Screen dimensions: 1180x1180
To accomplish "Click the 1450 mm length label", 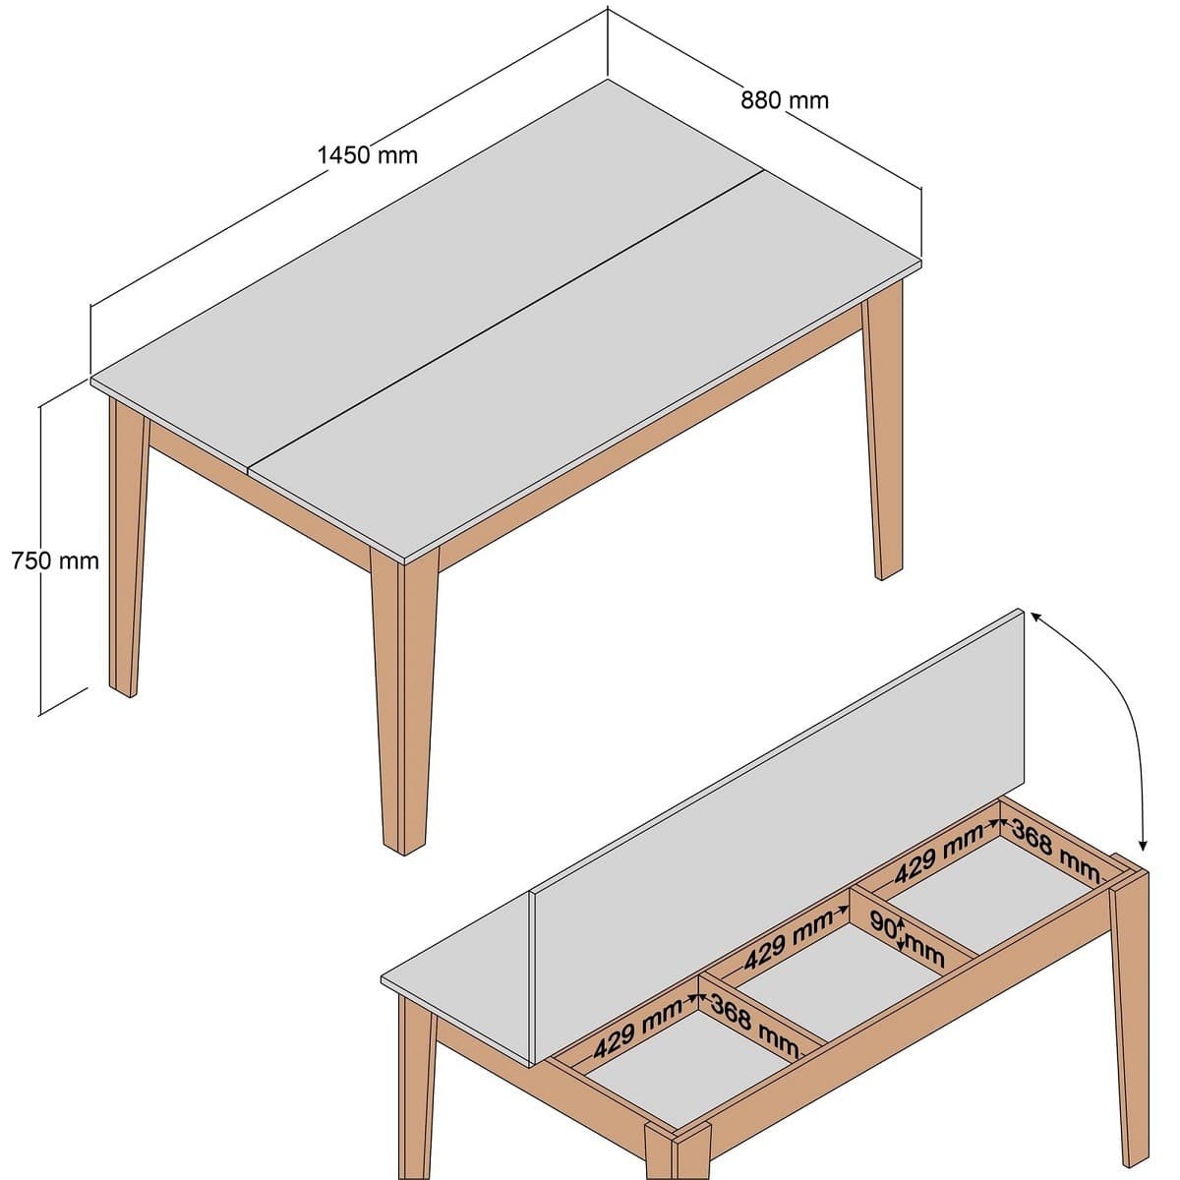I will tap(367, 154).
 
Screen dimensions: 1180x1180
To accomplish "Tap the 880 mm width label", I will tap(784, 99).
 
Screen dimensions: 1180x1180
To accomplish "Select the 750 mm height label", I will tap(55, 560).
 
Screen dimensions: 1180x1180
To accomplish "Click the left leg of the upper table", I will tap(126, 551).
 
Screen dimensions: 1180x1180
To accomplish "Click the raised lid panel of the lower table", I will tap(777, 787).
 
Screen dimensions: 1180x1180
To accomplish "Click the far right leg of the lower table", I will tap(1130, 1013).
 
